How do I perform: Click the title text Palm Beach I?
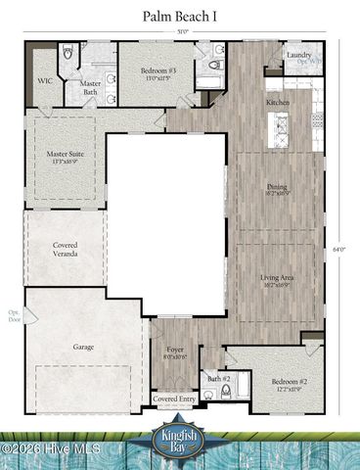click(x=179, y=16)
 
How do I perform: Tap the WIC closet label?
click(x=45, y=81)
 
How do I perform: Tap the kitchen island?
click(x=281, y=129)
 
